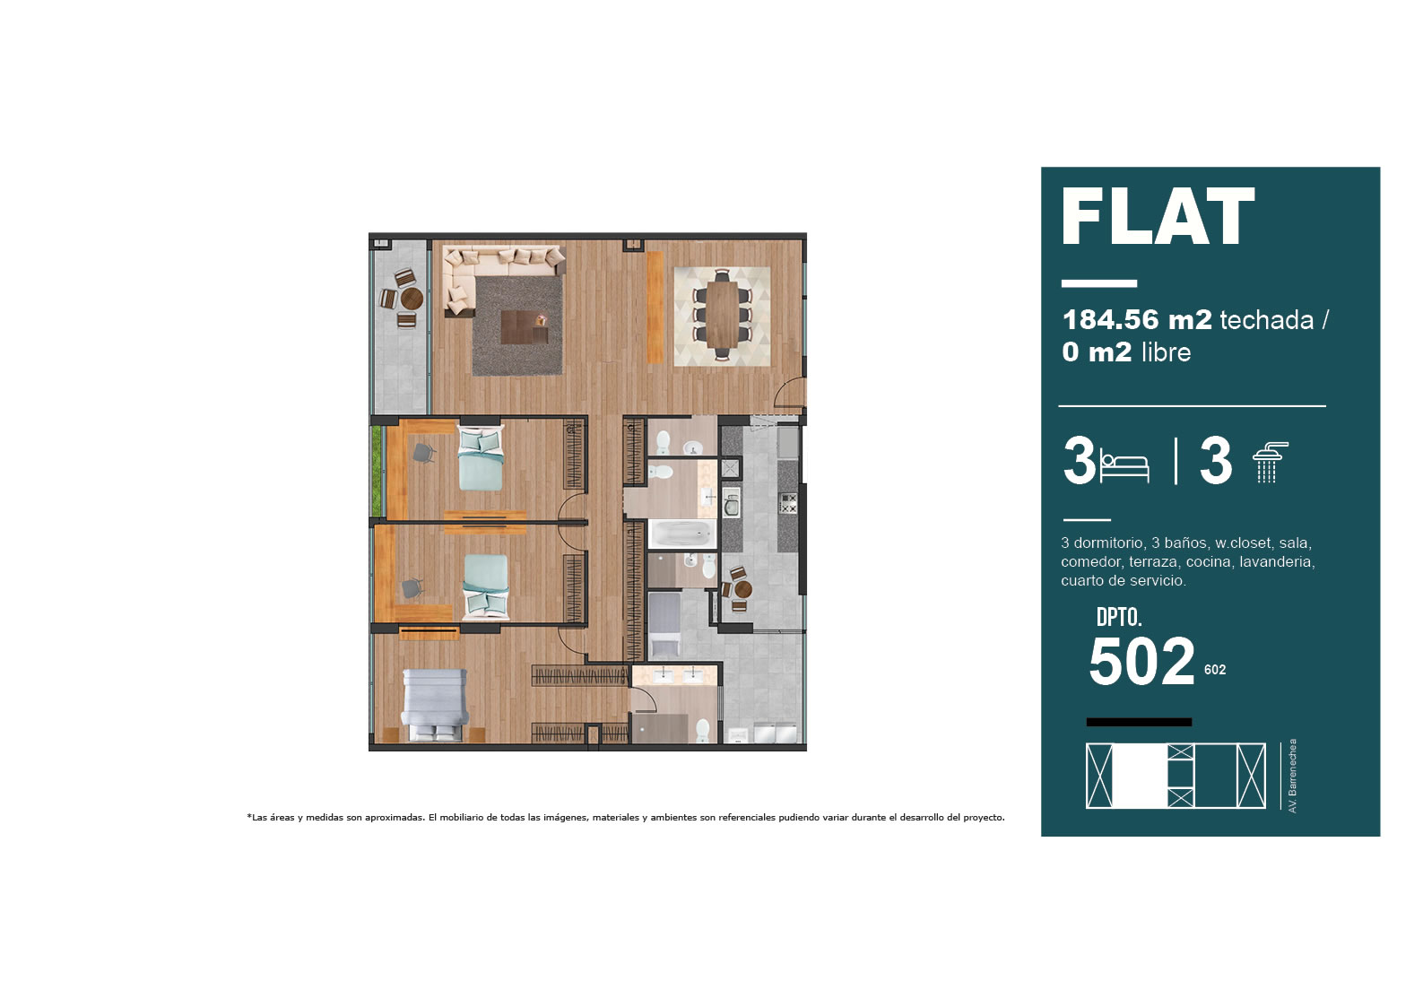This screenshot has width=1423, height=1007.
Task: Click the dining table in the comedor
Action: point(722,315)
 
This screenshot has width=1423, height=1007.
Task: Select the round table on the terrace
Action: point(412,299)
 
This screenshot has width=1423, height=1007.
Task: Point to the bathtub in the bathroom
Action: point(681,534)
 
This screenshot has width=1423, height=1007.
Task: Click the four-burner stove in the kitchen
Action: point(788,503)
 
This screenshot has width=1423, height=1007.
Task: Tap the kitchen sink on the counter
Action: point(731,502)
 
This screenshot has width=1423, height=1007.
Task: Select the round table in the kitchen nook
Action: point(742,589)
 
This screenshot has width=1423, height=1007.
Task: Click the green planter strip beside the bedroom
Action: point(377,471)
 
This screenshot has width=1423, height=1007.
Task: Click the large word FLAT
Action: point(1158,216)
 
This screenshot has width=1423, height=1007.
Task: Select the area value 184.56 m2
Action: point(1137,319)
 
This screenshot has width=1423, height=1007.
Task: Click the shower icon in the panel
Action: point(1270,462)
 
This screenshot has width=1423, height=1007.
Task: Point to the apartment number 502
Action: point(1141,662)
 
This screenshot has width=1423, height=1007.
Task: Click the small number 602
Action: point(1215,670)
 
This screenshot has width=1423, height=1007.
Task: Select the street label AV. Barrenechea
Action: point(1292,776)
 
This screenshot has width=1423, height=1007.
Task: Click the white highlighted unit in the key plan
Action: point(1140,776)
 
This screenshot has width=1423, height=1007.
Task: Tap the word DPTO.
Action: point(1119,617)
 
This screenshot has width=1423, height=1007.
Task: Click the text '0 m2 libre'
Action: point(1125,352)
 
